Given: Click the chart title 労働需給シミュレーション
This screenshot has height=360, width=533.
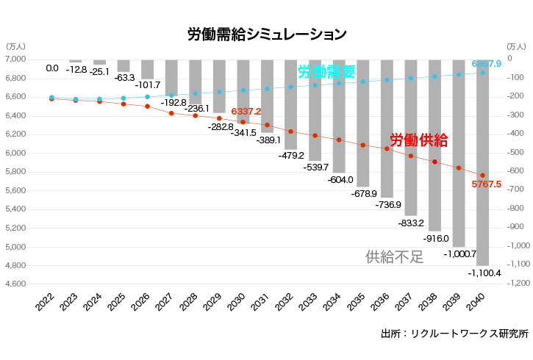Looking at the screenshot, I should click(267, 34).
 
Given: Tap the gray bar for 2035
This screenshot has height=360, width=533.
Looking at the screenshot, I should click(363, 125).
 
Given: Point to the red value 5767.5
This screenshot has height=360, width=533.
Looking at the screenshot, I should click(486, 184).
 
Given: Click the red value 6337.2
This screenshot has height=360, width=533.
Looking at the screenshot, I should click(246, 111).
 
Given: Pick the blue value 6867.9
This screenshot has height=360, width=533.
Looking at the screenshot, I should click(486, 64).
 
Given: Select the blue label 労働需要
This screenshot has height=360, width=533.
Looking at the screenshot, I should click(326, 72).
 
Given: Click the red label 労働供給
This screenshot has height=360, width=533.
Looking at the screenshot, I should click(418, 140).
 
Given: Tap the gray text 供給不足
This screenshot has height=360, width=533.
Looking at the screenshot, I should click(395, 256).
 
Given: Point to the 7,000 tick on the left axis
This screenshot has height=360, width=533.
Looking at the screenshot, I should click(15, 59).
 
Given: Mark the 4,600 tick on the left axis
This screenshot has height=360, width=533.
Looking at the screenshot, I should click(15, 284).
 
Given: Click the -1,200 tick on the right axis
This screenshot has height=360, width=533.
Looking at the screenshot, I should click(515, 284).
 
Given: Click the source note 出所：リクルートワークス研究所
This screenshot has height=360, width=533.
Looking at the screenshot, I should click(454, 334).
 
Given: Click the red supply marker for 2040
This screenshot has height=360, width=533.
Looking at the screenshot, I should click(482, 175).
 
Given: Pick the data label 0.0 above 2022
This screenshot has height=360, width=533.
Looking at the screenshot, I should click(52, 68).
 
